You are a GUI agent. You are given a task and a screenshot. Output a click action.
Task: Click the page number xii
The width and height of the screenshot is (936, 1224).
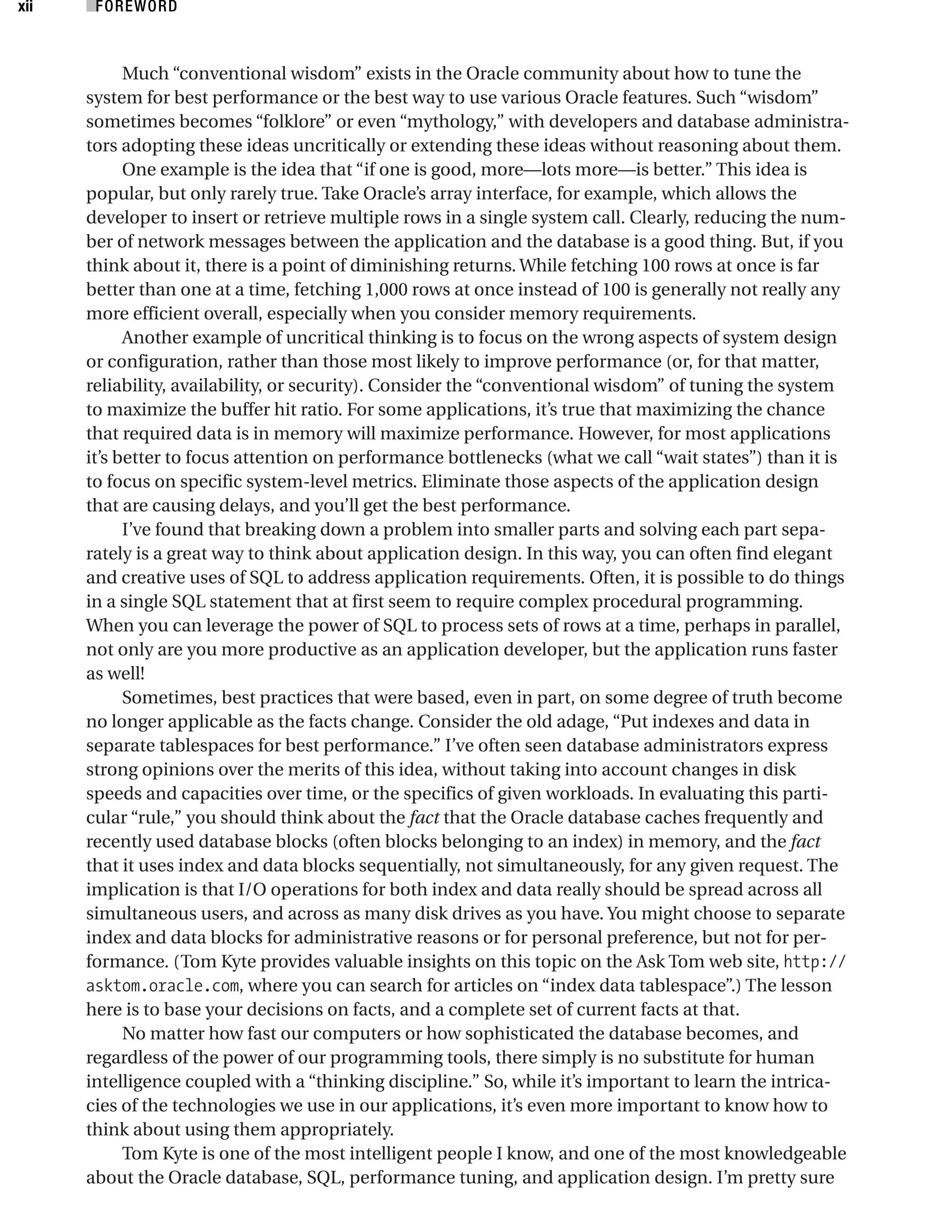click(25, 7)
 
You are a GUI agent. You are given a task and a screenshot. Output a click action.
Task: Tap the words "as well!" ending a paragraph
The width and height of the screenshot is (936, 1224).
click(115, 674)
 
